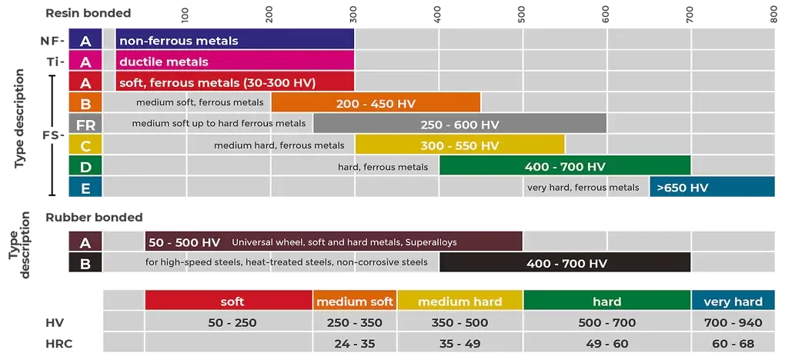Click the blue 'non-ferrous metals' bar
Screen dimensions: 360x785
[x=235, y=41]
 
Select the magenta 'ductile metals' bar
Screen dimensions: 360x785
[x=235, y=62]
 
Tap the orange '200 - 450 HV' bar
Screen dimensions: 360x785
[x=376, y=103]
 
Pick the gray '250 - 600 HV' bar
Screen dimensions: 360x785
[x=459, y=124]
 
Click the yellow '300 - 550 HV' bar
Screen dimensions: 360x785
[x=459, y=145]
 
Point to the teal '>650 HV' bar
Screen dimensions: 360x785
[x=712, y=187]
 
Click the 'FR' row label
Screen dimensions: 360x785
[x=85, y=125]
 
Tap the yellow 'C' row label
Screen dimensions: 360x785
[x=85, y=145]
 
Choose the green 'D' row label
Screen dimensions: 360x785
[x=85, y=166]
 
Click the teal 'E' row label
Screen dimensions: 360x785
[x=85, y=187]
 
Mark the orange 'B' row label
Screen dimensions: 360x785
[x=85, y=104]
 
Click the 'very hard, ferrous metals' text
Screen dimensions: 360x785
[x=583, y=187]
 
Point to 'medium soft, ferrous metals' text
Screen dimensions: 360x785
[x=199, y=102]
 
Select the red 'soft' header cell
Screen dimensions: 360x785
[x=229, y=302]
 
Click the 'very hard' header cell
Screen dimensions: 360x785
[x=733, y=302]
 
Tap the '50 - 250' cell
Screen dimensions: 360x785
[x=229, y=322]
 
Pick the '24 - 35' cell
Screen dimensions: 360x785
[x=355, y=343]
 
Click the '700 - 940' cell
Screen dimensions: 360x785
[x=733, y=322]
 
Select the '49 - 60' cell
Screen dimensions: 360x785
[x=606, y=343]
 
